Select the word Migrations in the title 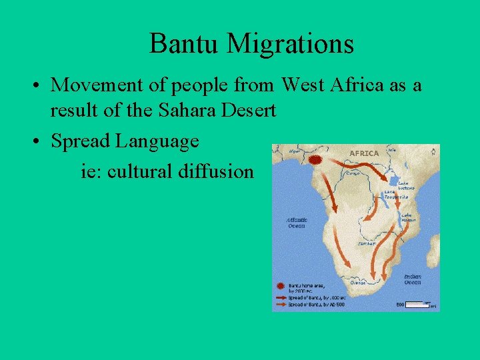pyautogui.click(x=290, y=44)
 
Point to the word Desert pyautogui.click(x=249, y=110)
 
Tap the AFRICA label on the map pyautogui.click(x=364, y=153)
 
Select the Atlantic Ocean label pyautogui.click(x=296, y=223)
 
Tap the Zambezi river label pyautogui.click(x=366, y=244)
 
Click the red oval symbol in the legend pyautogui.click(x=281, y=285)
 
